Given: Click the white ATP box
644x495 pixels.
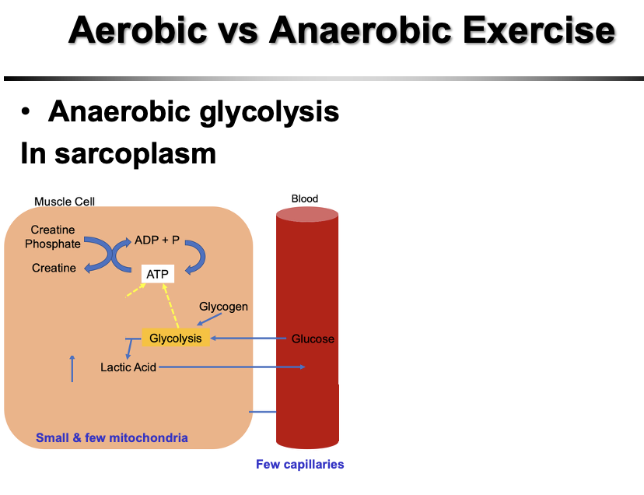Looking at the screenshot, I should click(157, 275).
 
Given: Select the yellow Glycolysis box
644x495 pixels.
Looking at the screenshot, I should click(176, 339).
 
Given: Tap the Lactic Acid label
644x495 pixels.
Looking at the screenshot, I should click(128, 367).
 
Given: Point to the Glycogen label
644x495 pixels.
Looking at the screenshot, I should click(223, 307).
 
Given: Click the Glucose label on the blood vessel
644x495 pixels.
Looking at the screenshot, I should click(313, 339).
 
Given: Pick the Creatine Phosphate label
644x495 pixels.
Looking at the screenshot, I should click(53, 237).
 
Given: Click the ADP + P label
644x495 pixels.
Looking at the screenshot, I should click(157, 240).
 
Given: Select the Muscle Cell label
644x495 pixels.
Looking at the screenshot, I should click(65, 202).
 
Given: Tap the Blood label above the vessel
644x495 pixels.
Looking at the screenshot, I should click(305, 198).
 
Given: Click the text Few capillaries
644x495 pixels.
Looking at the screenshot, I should click(299, 465).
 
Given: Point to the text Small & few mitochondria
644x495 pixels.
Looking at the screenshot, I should click(112, 438).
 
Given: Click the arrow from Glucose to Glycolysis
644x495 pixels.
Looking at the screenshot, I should click(249, 339).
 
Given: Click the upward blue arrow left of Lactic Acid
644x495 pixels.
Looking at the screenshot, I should click(72, 368).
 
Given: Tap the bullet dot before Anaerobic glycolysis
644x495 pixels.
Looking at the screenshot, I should click(27, 113).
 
